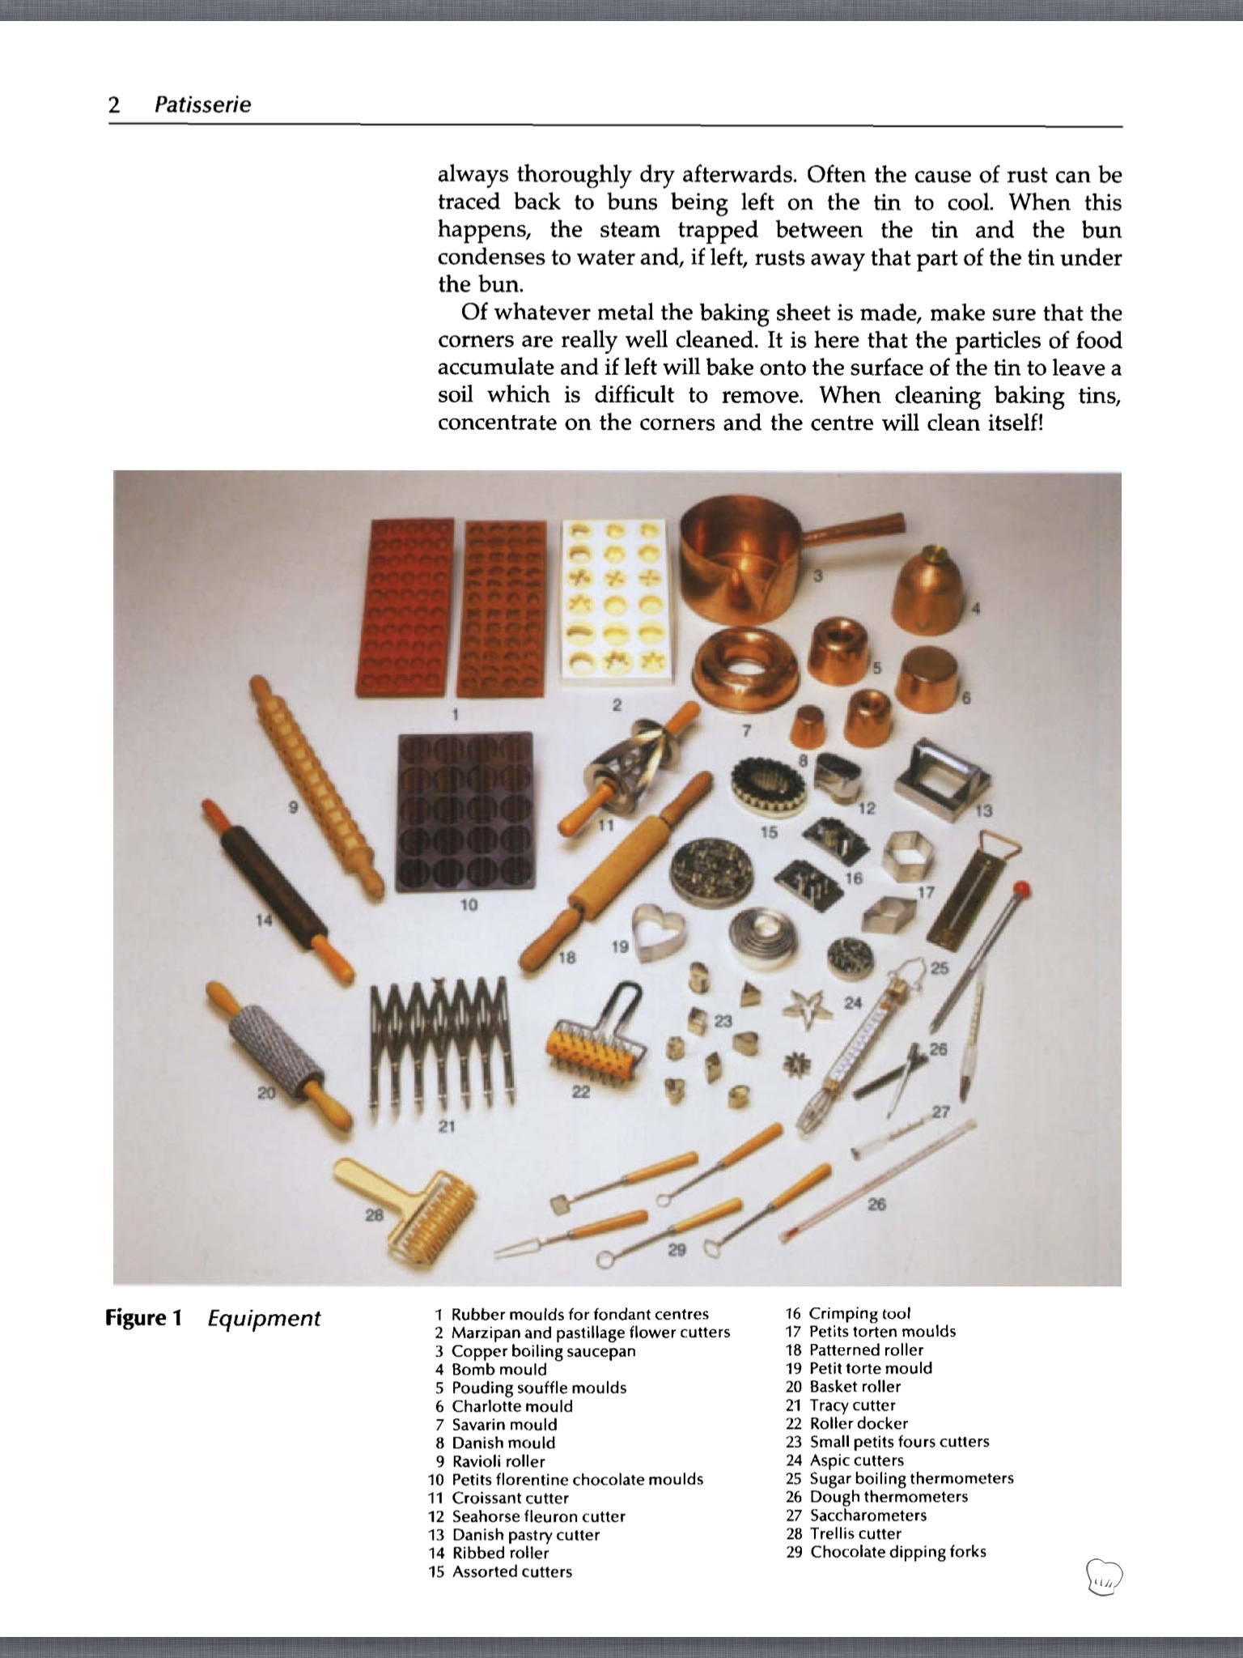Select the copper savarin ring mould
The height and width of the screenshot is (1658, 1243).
point(749,668)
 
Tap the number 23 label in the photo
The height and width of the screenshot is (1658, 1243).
point(723,1021)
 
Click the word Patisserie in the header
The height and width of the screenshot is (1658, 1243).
point(202,104)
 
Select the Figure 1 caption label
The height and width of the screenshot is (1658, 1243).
point(142,1319)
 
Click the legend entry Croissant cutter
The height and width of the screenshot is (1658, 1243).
point(510,1498)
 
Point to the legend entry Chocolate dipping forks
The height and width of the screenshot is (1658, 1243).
point(897,1552)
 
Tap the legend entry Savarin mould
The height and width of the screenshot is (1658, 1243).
point(504,1424)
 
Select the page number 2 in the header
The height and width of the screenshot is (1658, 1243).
point(114,104)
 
